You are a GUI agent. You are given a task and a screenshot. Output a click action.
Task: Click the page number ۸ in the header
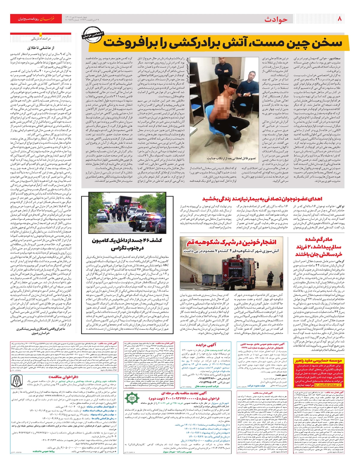point(340,19)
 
